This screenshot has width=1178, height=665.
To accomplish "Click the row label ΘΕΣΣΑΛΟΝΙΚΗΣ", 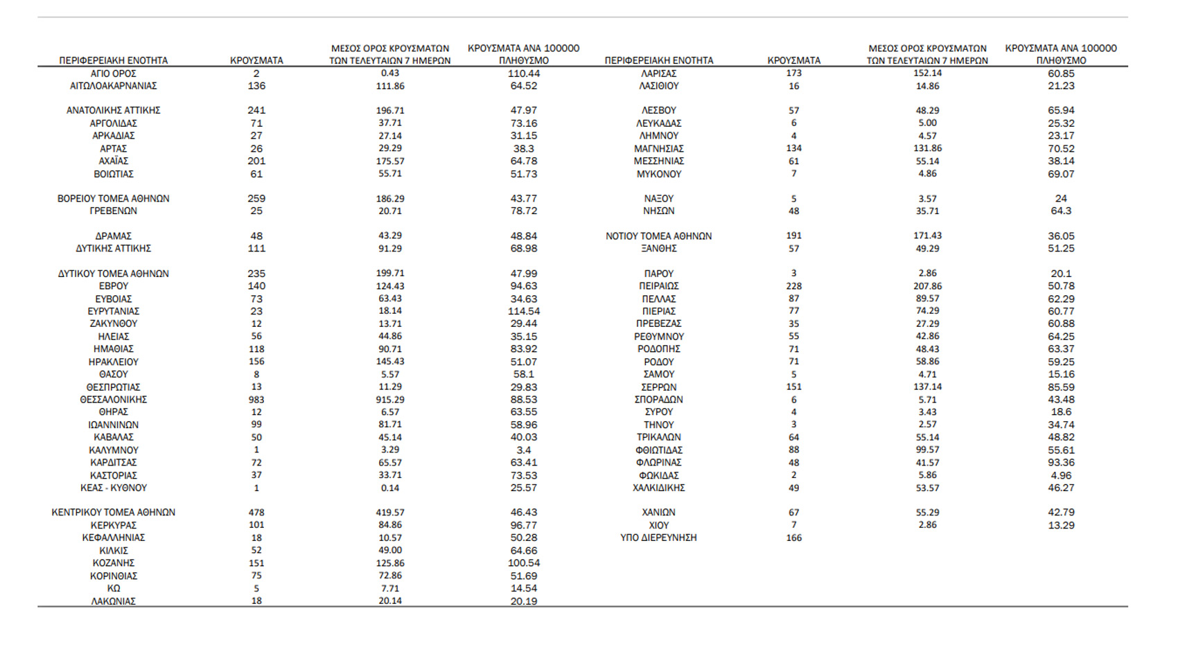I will (113, 400).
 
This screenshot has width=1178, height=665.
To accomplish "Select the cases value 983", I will (256, 400).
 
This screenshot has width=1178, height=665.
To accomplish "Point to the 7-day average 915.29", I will (390, 400).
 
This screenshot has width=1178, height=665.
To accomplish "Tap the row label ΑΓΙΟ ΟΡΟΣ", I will (113, 73).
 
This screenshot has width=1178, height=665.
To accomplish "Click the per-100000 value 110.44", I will (524, 73).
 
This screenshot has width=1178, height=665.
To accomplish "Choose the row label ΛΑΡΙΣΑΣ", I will (658, 73).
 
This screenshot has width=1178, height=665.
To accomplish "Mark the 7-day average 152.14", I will (927, 73).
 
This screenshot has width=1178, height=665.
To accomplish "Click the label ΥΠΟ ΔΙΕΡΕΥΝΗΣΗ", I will (658, 538).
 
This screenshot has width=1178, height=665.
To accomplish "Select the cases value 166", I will (793, 538).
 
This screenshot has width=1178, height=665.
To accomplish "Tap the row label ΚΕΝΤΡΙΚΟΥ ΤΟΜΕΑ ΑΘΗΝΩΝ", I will (113, 513).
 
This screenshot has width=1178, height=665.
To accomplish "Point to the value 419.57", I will (390, 513).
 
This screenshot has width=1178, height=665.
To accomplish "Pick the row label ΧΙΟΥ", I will (658, 525).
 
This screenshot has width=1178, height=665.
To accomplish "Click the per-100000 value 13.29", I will (1061, 525).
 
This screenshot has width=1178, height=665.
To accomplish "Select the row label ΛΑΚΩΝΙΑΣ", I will (113, 601).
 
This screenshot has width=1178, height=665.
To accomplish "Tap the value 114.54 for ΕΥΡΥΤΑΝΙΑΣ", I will (524, 311).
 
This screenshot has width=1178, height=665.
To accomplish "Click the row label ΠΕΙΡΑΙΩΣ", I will (658, 286).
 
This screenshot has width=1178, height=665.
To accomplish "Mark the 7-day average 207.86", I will (927, 286).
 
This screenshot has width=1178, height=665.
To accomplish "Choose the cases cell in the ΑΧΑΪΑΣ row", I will (256, 161).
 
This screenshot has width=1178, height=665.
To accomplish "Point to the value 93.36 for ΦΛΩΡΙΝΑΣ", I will (1061, 463).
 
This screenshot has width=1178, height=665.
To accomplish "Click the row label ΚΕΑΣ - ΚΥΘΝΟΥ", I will (113, 488).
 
